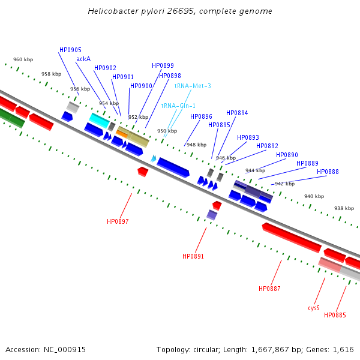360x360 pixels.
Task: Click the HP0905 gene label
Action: tap(70, 50)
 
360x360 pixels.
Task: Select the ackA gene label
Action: tap(83, 59)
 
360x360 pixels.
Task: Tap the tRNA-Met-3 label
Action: tap(193, 86)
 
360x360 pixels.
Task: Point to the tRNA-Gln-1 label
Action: tap(178, 106)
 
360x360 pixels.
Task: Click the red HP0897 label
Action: tap(118, 222)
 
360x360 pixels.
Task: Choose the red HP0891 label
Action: tap(193, 257)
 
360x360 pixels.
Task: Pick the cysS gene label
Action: tap(314, 308)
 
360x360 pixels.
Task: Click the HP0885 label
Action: tap(335, 315)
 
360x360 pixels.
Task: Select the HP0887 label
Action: tap(269, 289)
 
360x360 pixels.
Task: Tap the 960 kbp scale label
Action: tap(23, 60)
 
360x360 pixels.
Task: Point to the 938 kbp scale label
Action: tap(344, 208)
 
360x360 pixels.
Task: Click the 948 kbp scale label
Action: tap(196, 145)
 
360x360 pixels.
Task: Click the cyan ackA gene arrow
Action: tap(99, 120)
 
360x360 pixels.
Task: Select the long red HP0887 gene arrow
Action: tap(292, 238)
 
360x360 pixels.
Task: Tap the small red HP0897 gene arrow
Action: tap(143, 172)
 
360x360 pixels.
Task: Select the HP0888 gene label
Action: tap(328, 172)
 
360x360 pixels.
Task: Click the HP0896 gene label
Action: tap(201, 117)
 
